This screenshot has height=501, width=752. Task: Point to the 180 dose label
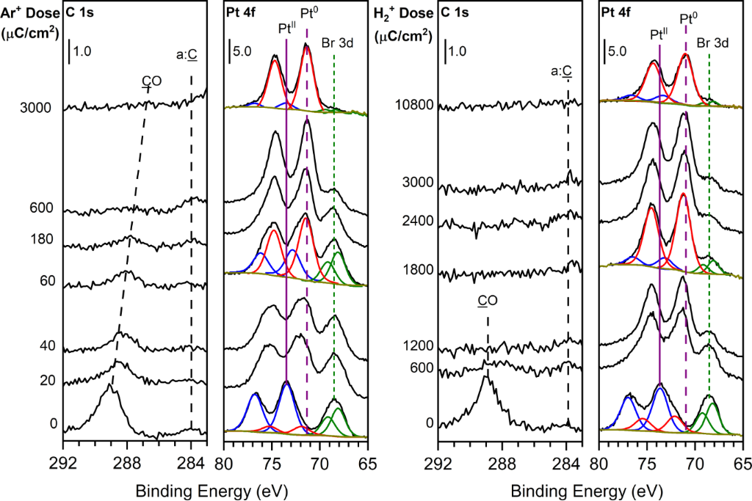(40, 239)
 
